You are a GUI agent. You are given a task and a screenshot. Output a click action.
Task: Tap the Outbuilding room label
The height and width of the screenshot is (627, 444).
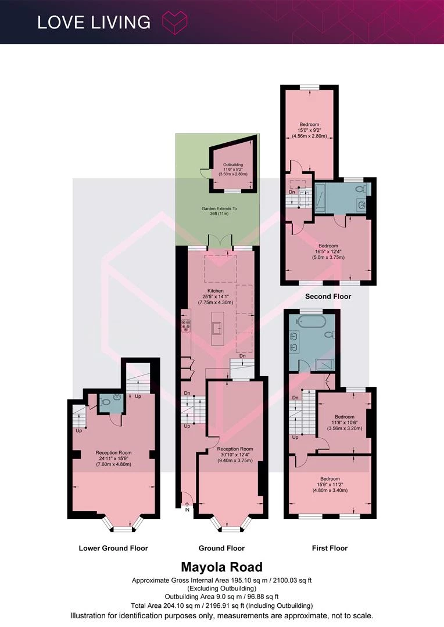click(233, 165)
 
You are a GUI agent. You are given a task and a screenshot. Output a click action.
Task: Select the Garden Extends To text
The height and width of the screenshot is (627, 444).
click(219, 209)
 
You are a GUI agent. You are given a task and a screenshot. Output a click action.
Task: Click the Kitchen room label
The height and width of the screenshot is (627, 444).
click(216, 291)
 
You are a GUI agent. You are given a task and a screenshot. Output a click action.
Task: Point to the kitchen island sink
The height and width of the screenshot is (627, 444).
click(218, 328)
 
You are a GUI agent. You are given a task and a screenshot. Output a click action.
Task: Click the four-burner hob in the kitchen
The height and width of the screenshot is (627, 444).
click(186, 326)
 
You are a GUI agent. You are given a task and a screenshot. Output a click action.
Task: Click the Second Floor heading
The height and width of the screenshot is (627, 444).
click(328, 296)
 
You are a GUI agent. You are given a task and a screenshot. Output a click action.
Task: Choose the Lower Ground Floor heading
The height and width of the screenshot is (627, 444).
click(113, 548)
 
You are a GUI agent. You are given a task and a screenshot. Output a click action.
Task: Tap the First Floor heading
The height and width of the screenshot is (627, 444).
click(330, 548)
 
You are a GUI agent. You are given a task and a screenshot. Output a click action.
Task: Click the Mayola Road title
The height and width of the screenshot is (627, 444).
click(222, 567)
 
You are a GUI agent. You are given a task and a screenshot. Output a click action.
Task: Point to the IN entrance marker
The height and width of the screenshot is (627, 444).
click(187, 510)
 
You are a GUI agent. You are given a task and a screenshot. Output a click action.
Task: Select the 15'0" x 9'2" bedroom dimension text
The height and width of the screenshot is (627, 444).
click(309, 130)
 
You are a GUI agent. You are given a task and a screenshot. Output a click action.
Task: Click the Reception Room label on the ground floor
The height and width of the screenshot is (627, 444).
click(235, 449)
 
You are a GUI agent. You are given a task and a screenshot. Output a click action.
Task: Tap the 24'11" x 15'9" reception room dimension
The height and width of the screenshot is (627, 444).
click(114, 458)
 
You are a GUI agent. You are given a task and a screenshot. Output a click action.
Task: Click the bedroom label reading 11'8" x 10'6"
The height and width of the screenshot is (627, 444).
click(344, 423)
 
